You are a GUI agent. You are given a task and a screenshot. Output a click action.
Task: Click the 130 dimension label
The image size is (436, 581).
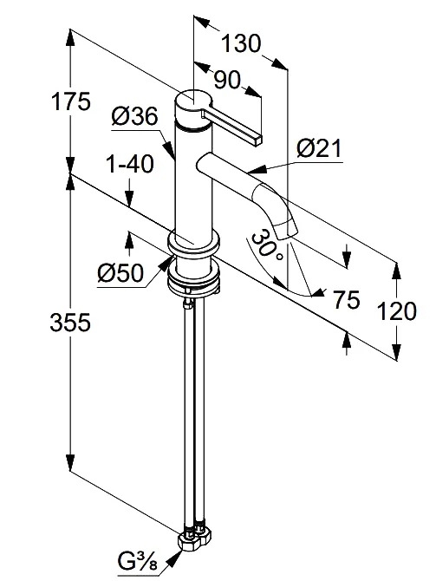tap(241, 43)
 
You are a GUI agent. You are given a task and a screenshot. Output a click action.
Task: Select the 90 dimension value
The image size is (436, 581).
tap(227, 80)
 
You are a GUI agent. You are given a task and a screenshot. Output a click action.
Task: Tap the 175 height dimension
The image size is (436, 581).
tap(70, 101)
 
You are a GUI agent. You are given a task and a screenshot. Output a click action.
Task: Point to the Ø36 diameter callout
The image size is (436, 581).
tap(134, 117)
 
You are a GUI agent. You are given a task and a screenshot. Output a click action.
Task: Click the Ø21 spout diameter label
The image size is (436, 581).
tap(319, 149)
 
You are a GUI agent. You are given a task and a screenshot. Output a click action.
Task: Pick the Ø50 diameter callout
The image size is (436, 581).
tap(120, 274)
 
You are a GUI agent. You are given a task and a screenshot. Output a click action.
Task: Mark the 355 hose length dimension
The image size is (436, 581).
tap(70, 323)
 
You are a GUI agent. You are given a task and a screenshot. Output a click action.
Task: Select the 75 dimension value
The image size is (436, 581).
tap(347, 300)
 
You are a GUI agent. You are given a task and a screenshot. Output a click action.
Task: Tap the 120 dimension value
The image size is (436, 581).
tap(396, 310)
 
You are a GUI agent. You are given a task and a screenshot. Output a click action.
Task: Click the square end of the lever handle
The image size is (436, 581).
tap(257, 140)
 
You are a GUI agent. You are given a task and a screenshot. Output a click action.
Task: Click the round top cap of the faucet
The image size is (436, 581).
tap(193, 100)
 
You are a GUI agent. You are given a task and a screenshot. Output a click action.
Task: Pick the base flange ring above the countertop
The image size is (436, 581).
tap(193, 243)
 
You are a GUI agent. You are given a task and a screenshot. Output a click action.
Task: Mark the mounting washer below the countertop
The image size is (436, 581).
tap(194, 277)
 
